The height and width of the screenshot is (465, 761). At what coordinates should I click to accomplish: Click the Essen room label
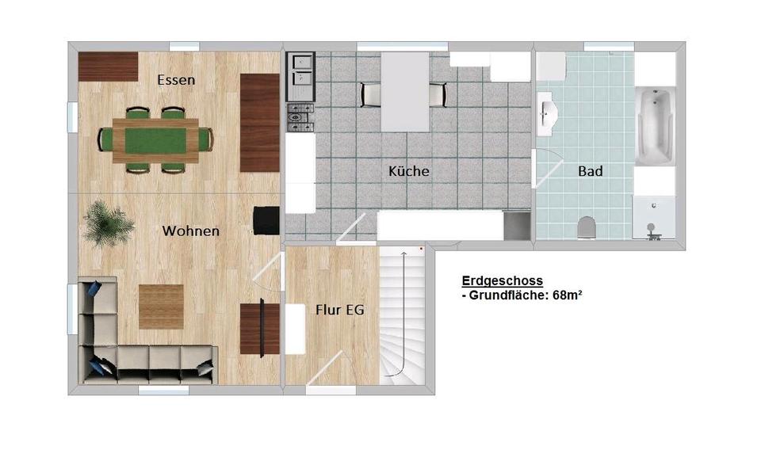point(176,80)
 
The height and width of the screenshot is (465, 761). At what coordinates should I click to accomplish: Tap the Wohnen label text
point(191,231)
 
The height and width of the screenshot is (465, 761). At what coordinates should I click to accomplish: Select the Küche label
point(409,170)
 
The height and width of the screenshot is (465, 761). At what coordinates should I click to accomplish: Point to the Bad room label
point(590,171)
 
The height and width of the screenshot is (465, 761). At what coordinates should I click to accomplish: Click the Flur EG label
point(340,310)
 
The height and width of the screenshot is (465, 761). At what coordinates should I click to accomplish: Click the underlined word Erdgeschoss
point(503,280)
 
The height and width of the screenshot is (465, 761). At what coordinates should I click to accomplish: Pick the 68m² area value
point(568,295)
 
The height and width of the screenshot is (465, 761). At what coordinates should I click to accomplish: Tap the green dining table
point(155,141)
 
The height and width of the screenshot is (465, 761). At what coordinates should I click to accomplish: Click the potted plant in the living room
point(109,224)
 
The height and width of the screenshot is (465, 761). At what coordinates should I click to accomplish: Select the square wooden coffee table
point(161,307)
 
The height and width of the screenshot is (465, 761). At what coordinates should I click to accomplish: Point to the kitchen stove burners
point(300,117)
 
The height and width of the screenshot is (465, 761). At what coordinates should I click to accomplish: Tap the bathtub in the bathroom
point(656,126)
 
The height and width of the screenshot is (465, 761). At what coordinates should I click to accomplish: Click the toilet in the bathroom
point(587,227)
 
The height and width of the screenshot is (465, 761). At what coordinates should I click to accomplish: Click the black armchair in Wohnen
point(266,221)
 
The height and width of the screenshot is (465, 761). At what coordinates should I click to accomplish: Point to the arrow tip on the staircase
point(403,252)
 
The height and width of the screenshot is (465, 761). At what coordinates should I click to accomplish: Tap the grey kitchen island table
point(405,92)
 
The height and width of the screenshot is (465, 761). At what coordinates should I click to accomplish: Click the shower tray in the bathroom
point(654,217)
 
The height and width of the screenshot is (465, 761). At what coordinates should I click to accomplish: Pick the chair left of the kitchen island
point(369,94)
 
